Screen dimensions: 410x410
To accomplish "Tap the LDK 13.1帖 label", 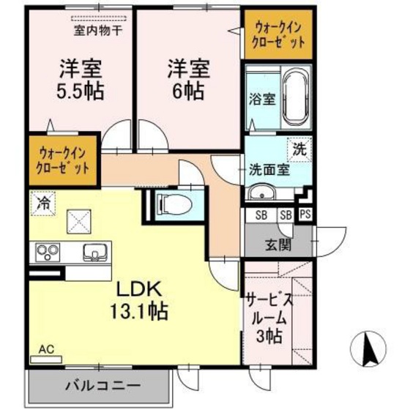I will tap(140, 299).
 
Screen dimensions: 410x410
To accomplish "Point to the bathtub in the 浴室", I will tap(297, 99).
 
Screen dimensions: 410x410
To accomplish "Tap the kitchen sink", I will tap(93, 253).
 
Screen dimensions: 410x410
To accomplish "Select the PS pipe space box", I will tap(305, 215).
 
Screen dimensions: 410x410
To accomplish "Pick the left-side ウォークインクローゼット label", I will tap(64, 160).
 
